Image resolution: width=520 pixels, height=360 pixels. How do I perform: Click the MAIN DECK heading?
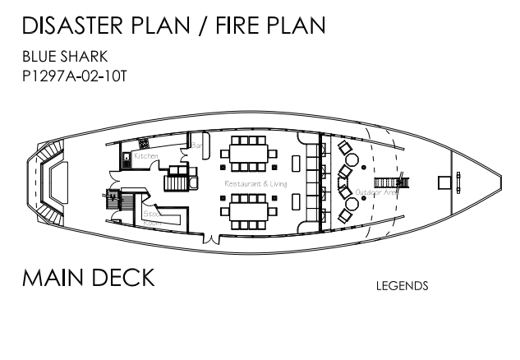[x=89, y=277]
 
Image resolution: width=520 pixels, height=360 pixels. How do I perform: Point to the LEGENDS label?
[x=402, y=287]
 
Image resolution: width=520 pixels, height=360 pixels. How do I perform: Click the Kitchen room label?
[x=146, y=155]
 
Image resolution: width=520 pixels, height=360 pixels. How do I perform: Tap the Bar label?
[x=197, y=146]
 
